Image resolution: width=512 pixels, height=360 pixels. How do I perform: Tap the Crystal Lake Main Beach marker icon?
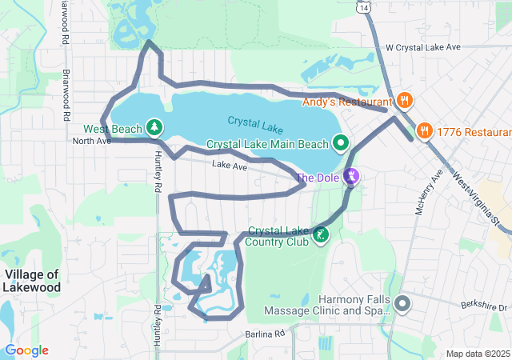pos(341,144)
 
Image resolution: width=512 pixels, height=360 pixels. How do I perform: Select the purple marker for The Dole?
pos(350,176)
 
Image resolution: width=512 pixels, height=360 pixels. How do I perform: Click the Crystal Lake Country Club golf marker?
pos(320,235)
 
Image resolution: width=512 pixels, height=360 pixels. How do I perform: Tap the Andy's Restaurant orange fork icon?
pos(405,101)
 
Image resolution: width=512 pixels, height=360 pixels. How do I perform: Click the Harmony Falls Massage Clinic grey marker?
pos(402,304)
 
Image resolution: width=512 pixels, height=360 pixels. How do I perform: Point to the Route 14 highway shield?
pos(365,7)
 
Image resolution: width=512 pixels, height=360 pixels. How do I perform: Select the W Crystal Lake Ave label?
pos(423,48)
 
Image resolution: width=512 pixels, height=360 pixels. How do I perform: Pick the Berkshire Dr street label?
pos(484,306)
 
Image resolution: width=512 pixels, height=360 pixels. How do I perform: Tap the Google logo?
pos(26,350)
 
